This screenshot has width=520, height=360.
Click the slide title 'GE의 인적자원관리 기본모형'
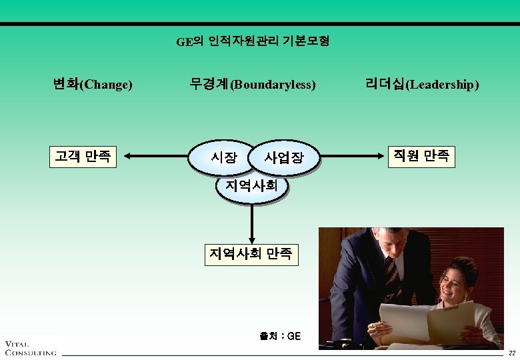tap(252, 42)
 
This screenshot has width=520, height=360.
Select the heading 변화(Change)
tap(93, 85)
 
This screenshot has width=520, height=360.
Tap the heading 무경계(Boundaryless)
tap(252, 85)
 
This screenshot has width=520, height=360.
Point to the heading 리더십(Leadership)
tap(421, 85)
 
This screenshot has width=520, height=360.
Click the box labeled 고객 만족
tap(83, 157)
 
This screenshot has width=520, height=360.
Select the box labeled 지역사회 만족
tap(251, 254)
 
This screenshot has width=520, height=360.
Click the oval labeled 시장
tap(223, 158)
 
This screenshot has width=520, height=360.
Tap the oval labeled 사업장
tap(284, 158)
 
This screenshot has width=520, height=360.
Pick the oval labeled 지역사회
tap(251, 185)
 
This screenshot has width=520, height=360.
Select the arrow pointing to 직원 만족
tap(353, 157)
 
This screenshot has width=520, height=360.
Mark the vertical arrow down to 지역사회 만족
tap(252, 223)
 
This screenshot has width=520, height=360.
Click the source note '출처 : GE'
tap(280, 336)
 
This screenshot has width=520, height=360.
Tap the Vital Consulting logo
tap(30, 347)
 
